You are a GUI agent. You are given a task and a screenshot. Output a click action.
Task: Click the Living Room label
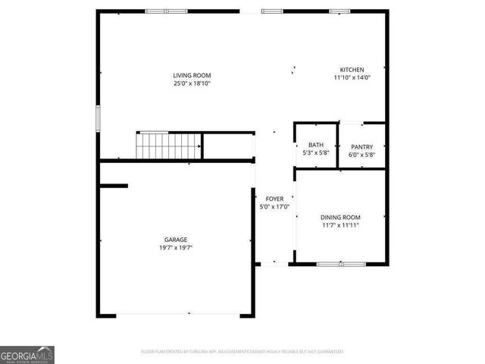pyautogui.click(x=191, y=75)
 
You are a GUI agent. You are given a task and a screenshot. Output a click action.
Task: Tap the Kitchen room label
pyautogui.click(x=352, y=70)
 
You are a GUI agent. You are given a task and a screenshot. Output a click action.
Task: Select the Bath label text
pyautogui.click(x=316, y=146)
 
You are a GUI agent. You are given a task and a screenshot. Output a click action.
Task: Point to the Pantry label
pyautogui.click(x=361, y=146)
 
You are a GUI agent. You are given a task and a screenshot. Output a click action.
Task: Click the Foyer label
pyautogui.click(x=274, y=199)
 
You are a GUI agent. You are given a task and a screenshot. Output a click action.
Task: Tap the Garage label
pyautogui.click(x=176, y=240)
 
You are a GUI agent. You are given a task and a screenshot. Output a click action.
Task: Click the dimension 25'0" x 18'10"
pyautogui.click(x=191, y=83)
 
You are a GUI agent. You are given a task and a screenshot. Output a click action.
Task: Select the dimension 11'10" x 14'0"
pyautogui.click(x=352, y=77)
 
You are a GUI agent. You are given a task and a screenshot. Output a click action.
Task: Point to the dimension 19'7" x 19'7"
pyautogui.click(x=176, y=247)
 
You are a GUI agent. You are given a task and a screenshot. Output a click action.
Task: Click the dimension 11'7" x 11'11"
pyautogui.click(x=339, y=225)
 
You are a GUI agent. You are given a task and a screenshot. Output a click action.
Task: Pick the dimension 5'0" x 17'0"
pyautogui.click(x=274, y=207)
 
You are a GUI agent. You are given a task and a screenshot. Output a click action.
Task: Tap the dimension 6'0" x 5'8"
pyautogui.click(x=361, y=155)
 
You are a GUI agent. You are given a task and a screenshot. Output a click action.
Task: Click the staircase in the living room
pyautogui.click(x=169, y=145)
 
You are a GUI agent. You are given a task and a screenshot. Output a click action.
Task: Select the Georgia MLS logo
pyautogui.click(x=27, y=355)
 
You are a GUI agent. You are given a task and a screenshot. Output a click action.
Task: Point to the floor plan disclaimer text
pyautogui.click(x=242, y=352)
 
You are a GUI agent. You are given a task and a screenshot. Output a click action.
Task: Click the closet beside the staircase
pyautogui.click(x=227, y=146)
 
